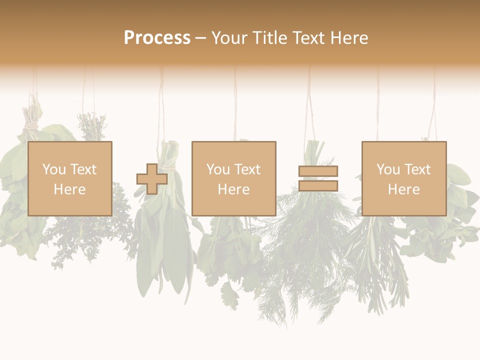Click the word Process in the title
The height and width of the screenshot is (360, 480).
(157, 38)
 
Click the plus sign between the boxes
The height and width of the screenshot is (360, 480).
(152, 179)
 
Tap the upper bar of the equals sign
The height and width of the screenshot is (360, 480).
(318, 171)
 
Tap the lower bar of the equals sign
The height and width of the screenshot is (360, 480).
(318, 186)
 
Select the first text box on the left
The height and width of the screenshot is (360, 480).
(70, 178)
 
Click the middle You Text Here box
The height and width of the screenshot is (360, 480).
(233, 178)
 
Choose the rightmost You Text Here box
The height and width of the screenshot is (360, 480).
(403, 178)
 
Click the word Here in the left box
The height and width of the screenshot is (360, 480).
(69, 189)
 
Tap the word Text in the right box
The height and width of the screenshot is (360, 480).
(417, 169)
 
